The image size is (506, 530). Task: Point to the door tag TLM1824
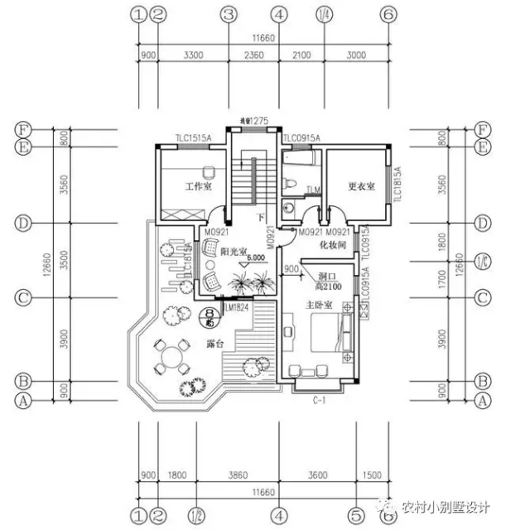[x=236, y=308]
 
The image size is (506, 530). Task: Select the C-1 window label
[x=317, y=399]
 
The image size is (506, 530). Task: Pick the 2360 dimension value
[x=254, y=55]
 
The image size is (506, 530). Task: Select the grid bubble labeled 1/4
[x=323, y=15]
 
